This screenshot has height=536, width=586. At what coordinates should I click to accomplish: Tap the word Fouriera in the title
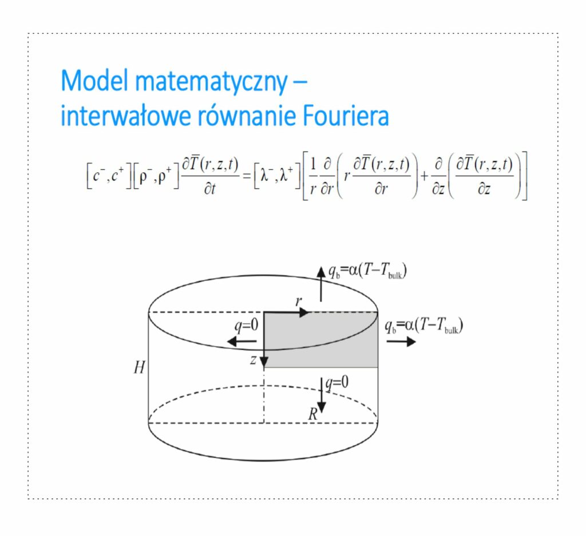coord(345,116)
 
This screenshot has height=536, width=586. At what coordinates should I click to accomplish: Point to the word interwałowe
coord(124,116)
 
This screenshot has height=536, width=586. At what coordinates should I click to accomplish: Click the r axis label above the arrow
coord(299,301)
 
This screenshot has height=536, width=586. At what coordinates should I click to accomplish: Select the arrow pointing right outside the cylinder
coord(401,342)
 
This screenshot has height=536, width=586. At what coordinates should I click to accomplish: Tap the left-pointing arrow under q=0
coord(241,342)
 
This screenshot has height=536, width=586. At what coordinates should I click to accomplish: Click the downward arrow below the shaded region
coord(322,399)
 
